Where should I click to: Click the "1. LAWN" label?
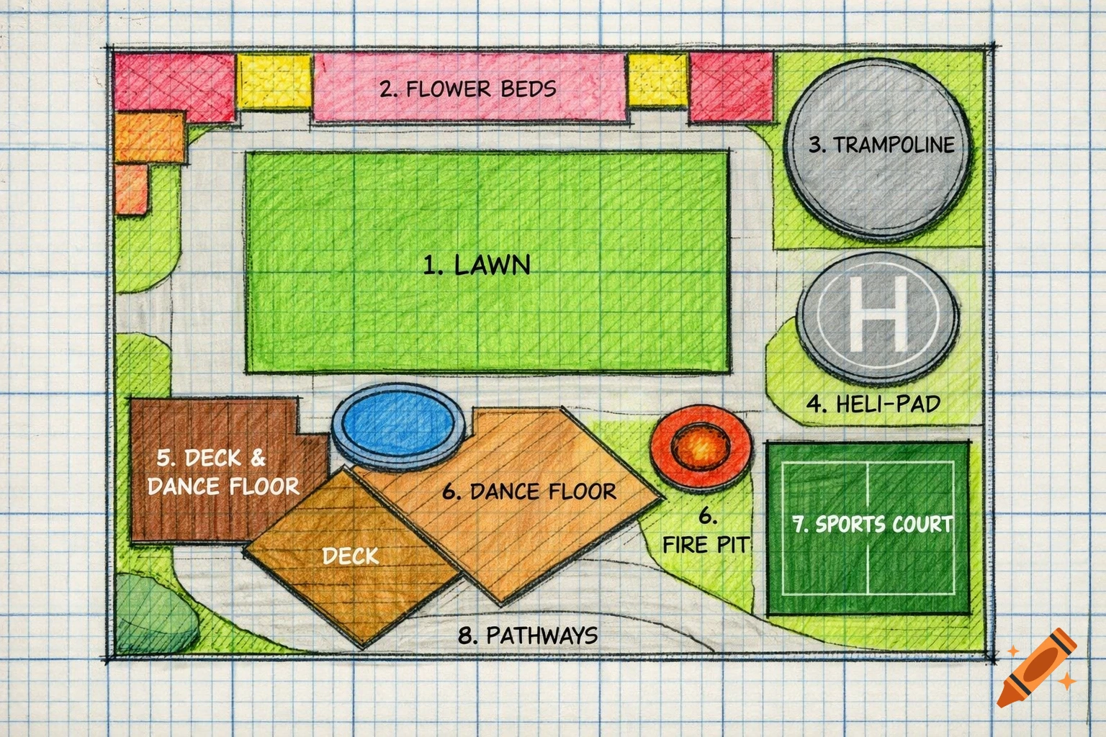(x=477, y=266)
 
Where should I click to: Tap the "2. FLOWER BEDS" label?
(x=468, y=89)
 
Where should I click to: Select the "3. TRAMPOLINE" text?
(x=881, y=145)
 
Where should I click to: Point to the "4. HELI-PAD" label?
(x=873, y=404)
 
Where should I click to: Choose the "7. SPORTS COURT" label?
(x=873, y=524)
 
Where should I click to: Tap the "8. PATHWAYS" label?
(x=528, y=636)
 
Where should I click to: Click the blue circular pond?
(x=397, y=426)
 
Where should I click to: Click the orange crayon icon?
(x=1037, y=669)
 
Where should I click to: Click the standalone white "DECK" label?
(x=350, y=556)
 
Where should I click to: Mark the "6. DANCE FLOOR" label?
(x=529, y=492)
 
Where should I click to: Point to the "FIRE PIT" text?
(x=706, y=544)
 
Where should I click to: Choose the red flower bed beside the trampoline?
(x=732, y=87)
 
